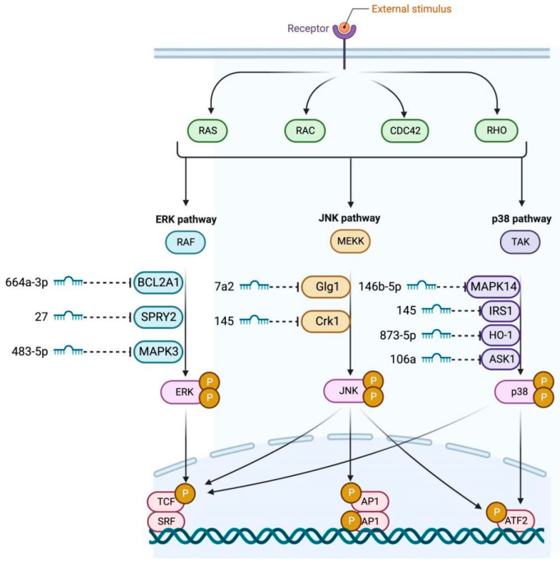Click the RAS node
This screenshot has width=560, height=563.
(x=208, y=131)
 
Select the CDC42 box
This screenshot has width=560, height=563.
(x=405, y=131)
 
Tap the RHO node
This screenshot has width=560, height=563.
(x=496, y=130)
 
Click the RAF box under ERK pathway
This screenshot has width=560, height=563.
(x=185, y=242)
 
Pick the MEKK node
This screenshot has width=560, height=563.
(x=350, y=242)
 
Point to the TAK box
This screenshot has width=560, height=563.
(x=520, y=242)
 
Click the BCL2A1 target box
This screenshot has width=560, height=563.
(x=158, y=283)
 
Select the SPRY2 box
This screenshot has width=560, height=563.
(x=158, y=317)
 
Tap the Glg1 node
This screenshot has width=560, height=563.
(x=326, y=287)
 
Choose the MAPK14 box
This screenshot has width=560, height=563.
(x=494, y=287)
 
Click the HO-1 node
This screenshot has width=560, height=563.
(x=501, y=335)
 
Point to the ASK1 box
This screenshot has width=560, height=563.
(x=501, y=359)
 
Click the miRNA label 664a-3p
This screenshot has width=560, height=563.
(x=27, y=283)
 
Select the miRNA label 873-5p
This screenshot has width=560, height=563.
(x=398, y=336)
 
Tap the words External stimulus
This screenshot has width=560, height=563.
(x=412, y=8)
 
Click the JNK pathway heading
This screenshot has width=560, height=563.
(x=350, y=218)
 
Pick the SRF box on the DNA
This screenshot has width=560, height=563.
(x=166, y=521)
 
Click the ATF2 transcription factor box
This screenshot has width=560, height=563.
(x=516, y=521)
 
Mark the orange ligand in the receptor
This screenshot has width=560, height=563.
(x=344, y=27)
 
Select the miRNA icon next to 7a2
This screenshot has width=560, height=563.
(x=254, y=286)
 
